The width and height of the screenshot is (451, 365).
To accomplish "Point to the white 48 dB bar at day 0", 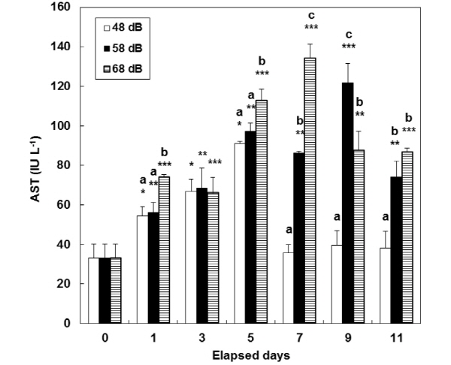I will coord(93,290).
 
